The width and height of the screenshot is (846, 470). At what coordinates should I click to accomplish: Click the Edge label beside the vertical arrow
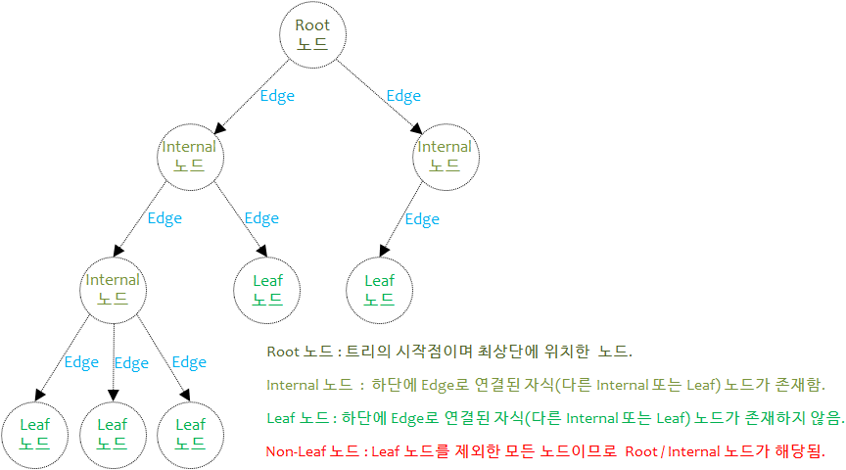(131, 363)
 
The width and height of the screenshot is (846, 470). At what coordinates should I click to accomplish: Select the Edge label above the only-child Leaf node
(422, 219)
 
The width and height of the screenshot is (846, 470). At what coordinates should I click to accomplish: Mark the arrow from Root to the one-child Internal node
(379, 97)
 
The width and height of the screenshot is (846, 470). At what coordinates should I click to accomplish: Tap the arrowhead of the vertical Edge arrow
(114, 395)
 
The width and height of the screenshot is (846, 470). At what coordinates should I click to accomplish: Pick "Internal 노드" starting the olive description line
(309, 385)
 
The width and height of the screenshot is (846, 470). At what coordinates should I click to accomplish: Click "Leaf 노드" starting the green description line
(298, 418)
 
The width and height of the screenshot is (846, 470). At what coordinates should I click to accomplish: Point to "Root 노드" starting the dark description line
(300, 352)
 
